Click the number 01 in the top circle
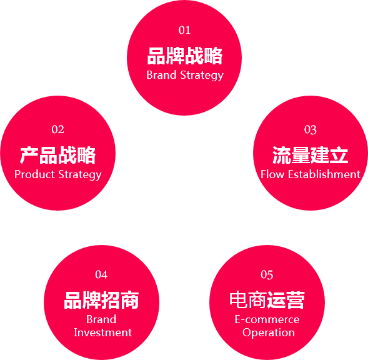(184, 30)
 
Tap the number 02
(57, 129)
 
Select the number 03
(311, 129)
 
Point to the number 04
(101, 274)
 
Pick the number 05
(267, 274)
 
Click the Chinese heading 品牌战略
(185, 56)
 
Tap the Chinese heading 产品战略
(57, 155)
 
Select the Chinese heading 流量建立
(311, 155)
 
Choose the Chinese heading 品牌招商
(101, 300)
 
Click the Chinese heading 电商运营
(267, 300)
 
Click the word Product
(34, 174)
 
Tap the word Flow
(272, 174)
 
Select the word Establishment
(324, 174)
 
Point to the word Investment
(103, 332)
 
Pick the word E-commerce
(267, 319)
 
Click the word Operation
(269, 332)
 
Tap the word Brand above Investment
(101, 319)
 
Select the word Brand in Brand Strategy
(161, 75)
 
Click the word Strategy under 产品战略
(80, 175)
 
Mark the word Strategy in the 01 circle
(202, 76)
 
